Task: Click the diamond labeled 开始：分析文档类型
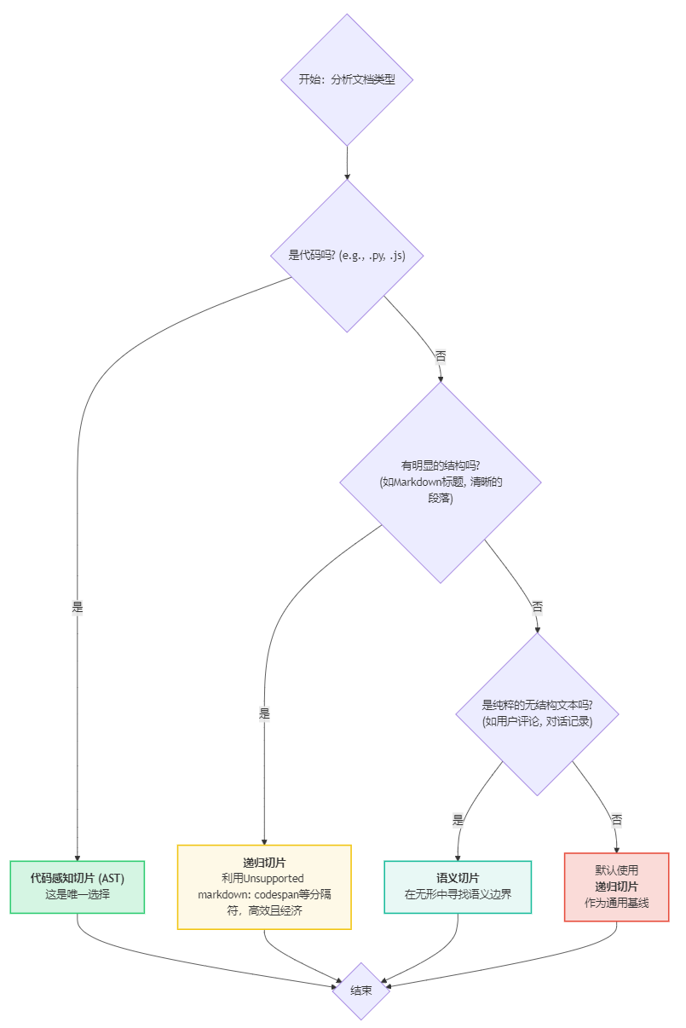coord(347,79)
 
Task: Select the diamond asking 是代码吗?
coord(347,255)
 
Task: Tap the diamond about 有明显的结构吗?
coord(440,482)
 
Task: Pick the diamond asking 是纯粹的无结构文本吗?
coord(537,713)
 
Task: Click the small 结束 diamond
coord(361,990)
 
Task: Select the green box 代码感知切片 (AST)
coord(78,887)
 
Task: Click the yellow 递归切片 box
coord(264,887)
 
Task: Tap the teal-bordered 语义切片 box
coord(458,887)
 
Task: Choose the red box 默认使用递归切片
coord(616,887)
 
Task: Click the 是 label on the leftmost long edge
coord(78,608)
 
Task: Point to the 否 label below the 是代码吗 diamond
coord(441,356)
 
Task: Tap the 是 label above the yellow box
coord(264,714)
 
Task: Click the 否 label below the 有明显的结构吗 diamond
coord(537,607)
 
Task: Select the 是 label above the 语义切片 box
coord(458,820)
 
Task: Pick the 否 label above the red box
coord(616,820)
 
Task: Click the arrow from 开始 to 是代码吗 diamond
coord(347,162)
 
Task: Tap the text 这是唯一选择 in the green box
coord(78,895)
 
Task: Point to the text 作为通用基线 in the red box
coord(616,903)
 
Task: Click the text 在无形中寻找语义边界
coord(458,895)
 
